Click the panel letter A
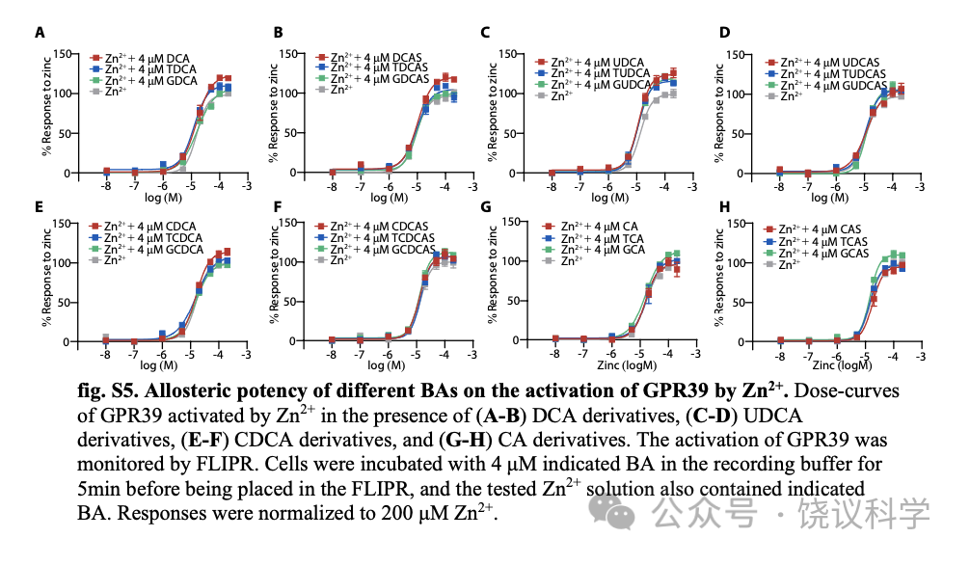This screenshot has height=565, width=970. pos(40,33)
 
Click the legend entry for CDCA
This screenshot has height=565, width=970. pos(148,227)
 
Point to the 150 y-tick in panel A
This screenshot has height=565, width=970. pos(62,54)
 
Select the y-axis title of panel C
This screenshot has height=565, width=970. pos(493,111)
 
